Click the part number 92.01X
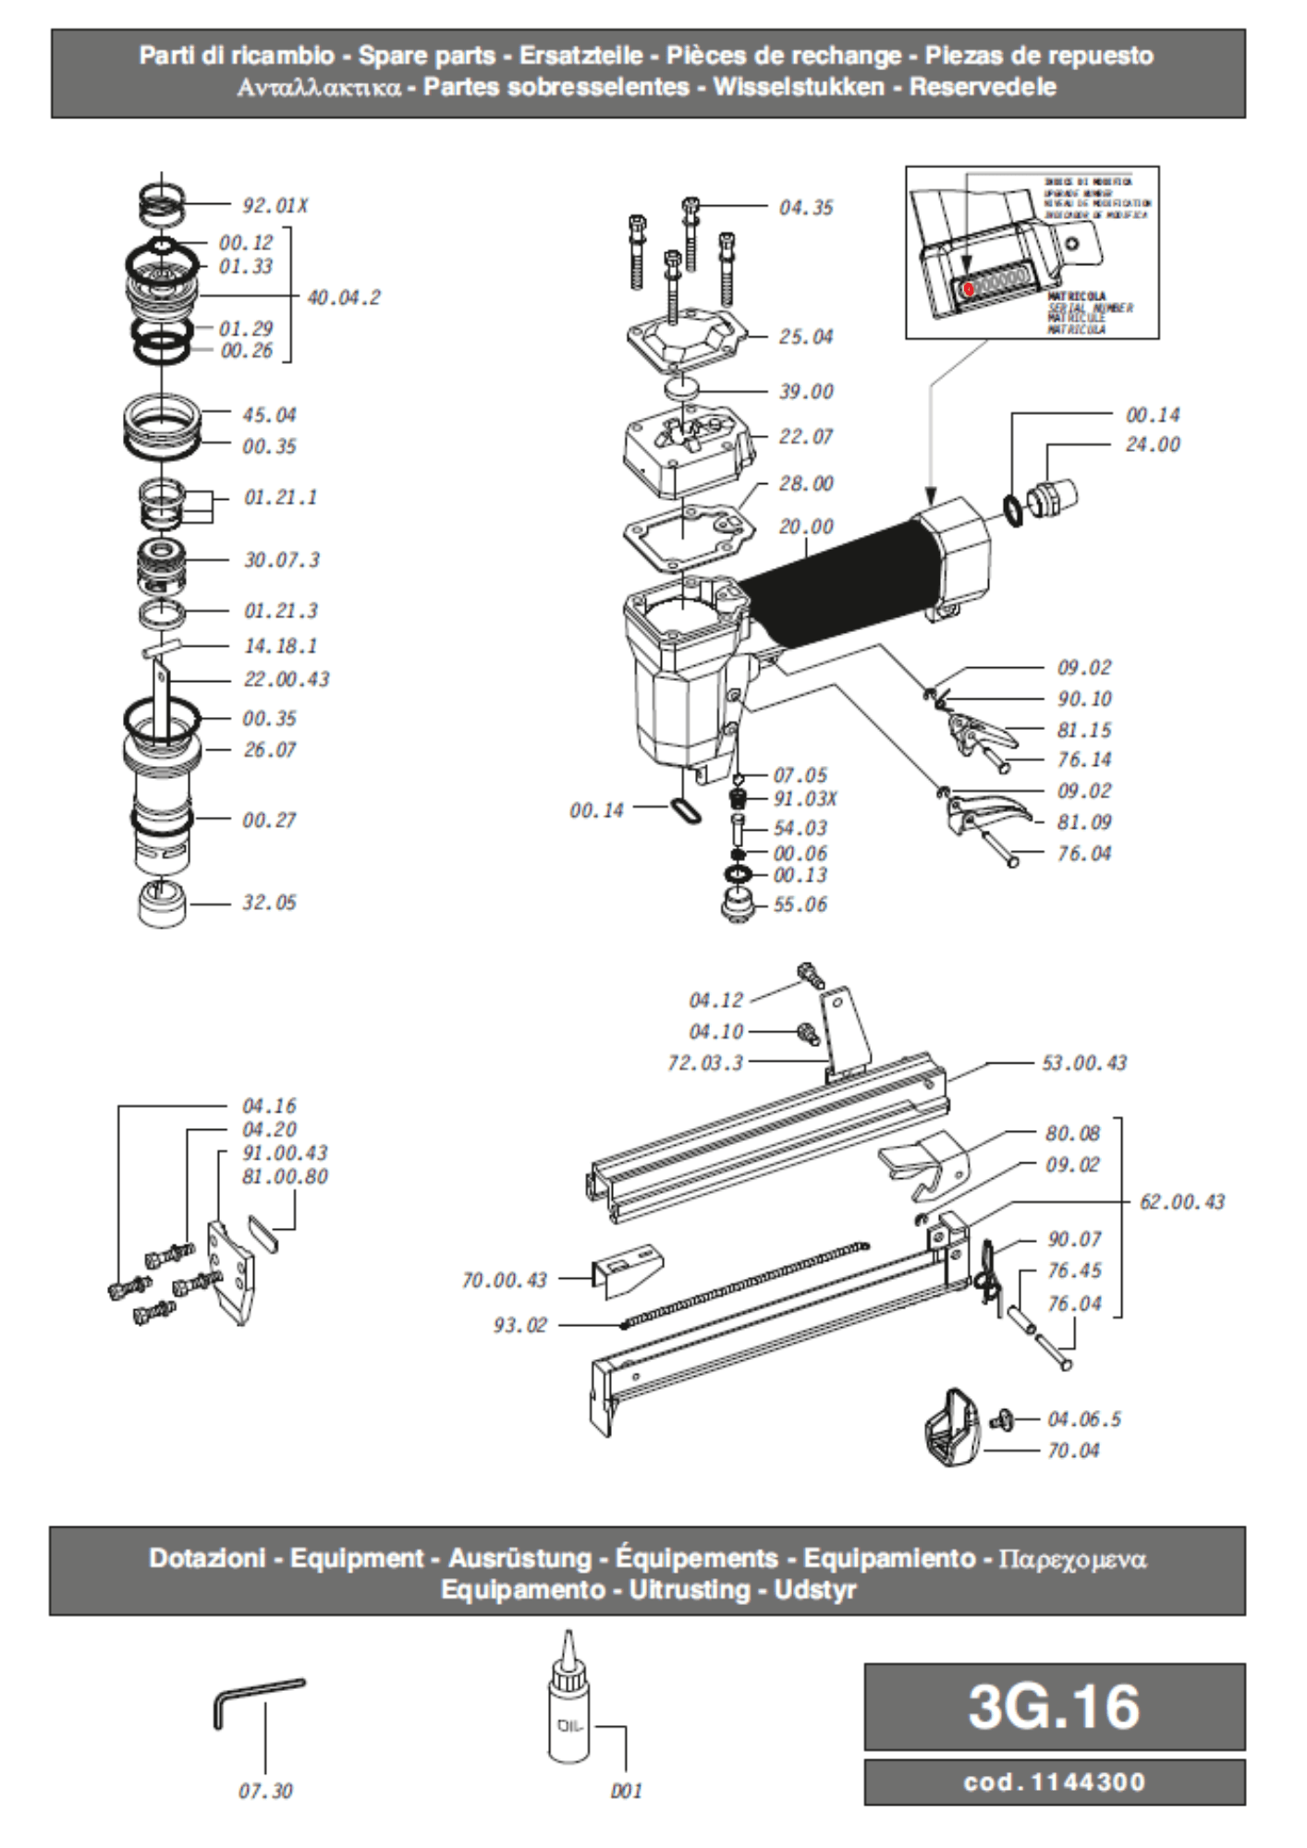[275, 205]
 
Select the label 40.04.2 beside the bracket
[343, 298]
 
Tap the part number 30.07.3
[281, 560]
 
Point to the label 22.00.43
[287, 679]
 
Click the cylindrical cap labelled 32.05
[161, 904]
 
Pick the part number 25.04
[805, 336]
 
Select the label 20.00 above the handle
[805, 527]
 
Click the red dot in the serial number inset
[968, 288]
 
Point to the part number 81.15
[1084, 730]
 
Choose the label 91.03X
[804, 798]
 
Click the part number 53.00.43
[1084, 1063]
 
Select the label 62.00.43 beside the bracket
[1181, 1202]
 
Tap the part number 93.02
[519, 1325]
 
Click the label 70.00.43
[504, 1280]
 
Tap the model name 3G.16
[1054, 1706]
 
